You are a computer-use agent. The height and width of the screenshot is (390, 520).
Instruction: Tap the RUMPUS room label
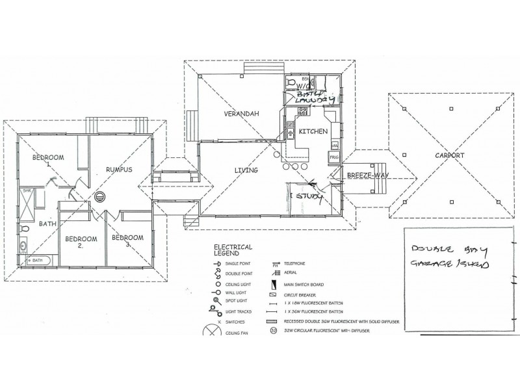click(x=120, y=170)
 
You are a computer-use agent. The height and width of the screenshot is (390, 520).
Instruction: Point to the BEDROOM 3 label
click(x=127, y=241)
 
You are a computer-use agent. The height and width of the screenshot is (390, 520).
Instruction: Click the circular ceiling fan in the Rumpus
click(x=100, y=196)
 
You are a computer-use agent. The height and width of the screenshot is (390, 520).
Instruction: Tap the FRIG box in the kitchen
click(x=334, y=157)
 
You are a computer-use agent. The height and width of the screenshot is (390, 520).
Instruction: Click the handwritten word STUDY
click(x=309, y=196)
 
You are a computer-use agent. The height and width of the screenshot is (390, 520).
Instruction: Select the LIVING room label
click(x=247, y=170)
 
